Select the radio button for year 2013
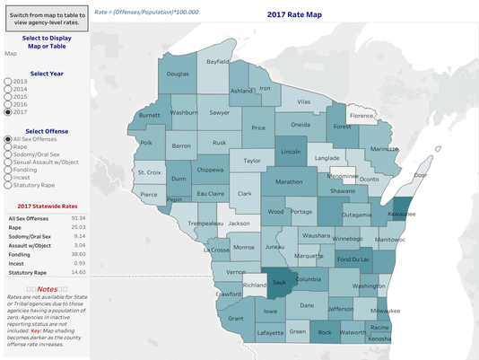point(9,82)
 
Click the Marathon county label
point(288,181)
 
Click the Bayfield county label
point(217,62)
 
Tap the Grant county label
point(236,318)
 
